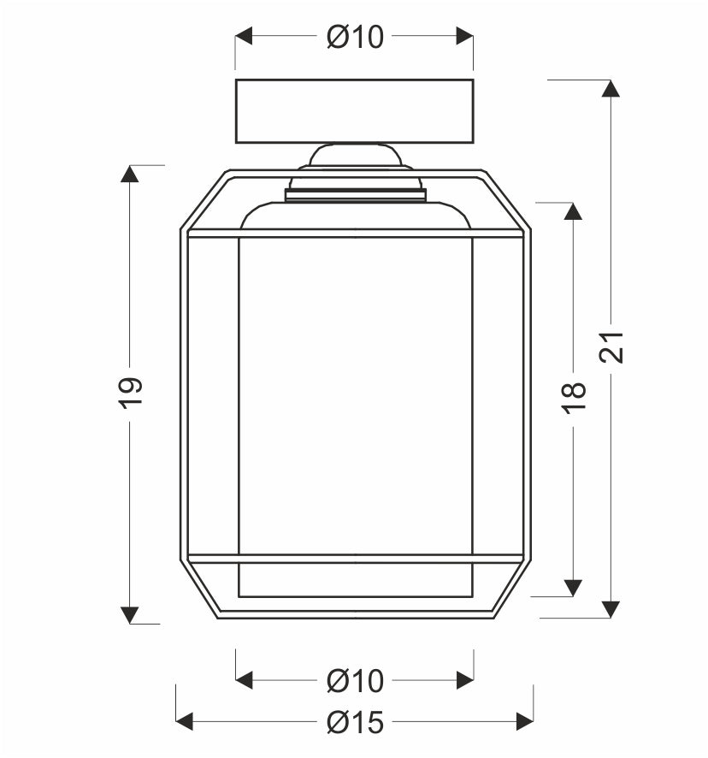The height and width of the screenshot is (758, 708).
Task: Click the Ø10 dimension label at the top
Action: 355,37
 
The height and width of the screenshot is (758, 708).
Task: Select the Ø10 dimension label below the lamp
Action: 355,681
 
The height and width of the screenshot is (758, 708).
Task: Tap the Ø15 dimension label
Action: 355,722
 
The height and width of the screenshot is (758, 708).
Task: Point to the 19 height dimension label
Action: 131,393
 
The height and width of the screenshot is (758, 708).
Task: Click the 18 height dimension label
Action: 574,398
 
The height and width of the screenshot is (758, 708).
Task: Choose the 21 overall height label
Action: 611,347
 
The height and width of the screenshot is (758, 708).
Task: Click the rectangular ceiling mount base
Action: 354,111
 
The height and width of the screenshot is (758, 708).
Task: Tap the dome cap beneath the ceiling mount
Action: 355,156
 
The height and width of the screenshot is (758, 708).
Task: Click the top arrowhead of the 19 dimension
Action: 129,174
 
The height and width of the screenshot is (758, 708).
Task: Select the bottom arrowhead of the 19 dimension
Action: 129,615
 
